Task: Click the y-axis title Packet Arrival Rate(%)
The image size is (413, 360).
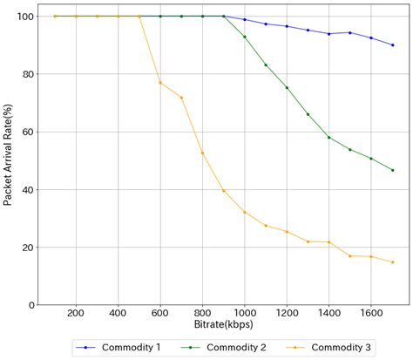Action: tap(8, 156)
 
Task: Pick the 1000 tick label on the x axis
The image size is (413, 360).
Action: tap(244, 313)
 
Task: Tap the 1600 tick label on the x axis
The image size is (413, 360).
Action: tap(370, 313)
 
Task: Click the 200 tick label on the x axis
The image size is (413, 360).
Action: tap(76, 313)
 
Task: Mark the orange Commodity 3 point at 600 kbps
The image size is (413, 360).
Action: tap(160, 83)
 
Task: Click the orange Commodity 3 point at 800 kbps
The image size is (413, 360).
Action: tap(202, 153)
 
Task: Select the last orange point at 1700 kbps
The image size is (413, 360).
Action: tap(392, 262)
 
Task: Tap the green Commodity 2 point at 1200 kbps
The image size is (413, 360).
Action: tap(287, 88)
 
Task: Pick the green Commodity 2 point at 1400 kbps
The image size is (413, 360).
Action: tap(328, 138)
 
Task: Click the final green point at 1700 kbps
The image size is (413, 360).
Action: tap(392, 170)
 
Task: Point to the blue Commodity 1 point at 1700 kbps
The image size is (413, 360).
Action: tap(392, 45)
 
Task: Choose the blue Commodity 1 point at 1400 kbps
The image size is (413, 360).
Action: tap(328, 34)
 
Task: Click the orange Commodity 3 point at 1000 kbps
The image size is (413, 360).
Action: tap(245, 212)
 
